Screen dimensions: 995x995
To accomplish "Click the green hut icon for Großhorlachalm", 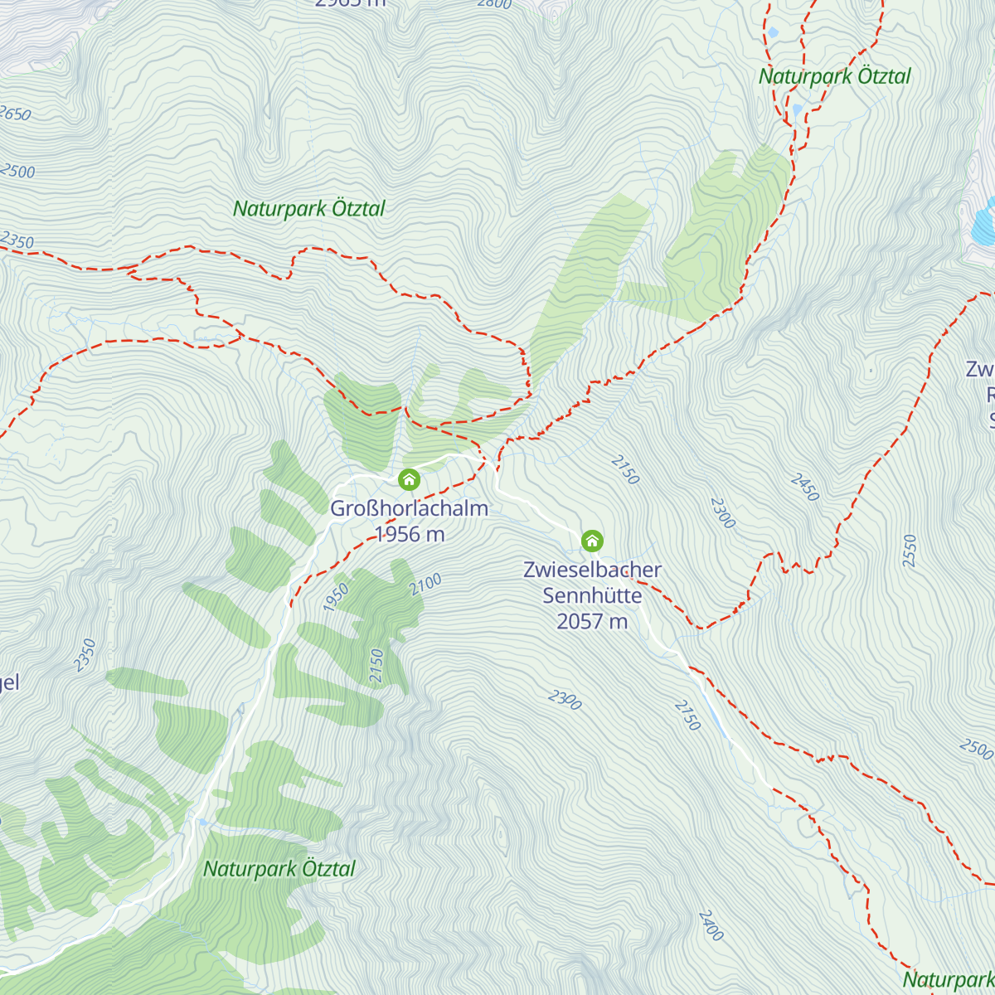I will click(409, 479).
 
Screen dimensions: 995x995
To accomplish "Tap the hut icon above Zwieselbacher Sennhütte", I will click(591, 541).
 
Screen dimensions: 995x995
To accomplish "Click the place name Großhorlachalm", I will click(409, 508).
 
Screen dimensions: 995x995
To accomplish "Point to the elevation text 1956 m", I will click(410, 534).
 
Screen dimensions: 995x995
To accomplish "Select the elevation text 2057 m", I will click(592, 621).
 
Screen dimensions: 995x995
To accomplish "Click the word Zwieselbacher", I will click(592, 570).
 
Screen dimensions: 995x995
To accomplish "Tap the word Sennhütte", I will click(592, 595).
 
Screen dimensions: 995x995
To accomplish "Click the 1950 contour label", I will click(336, 598).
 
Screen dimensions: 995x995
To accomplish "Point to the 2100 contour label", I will click(425, 584).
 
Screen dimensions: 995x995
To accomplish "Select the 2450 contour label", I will click(804, 488).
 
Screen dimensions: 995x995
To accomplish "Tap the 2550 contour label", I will click(910, 551).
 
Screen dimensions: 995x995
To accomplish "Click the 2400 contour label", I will click(711, 925).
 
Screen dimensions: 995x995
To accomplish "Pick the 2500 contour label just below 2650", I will click(18, 171).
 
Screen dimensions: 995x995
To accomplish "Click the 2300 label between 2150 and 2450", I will click(722, 513).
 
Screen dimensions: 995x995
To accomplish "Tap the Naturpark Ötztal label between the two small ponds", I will click(834, 76).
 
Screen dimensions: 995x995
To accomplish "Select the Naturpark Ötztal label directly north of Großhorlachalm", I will click(308, 208).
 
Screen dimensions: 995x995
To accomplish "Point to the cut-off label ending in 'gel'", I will click(8, 682).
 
